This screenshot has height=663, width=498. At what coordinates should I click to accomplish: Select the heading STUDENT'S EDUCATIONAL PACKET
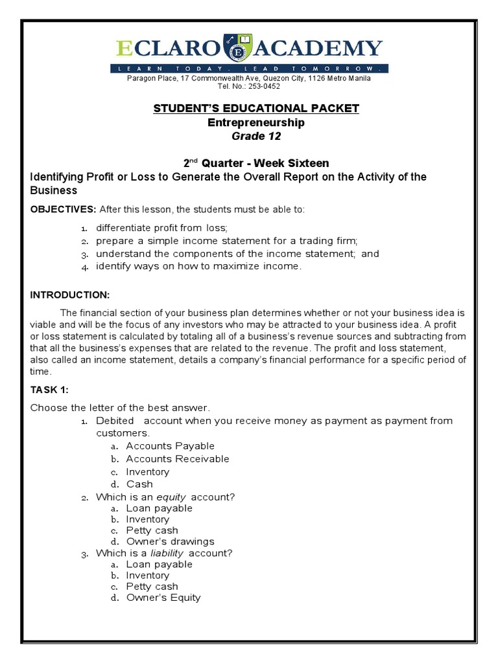tap(255, 108)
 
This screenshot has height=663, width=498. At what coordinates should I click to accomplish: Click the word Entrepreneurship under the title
tap(255, 122)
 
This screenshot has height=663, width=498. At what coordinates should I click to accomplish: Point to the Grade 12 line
tap(257, 136)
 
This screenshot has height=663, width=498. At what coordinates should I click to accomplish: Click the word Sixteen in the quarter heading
tap(305, 163)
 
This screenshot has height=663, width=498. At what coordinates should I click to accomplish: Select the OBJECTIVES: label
tap(64, 209)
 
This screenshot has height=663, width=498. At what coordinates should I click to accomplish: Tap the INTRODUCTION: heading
tap(70, 295)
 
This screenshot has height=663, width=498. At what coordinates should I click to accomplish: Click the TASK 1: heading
tap(49, 390)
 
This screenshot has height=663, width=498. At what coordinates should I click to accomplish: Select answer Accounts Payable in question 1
tap(170, 445)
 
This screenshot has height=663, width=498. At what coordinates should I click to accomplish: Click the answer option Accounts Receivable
tap(178, 458)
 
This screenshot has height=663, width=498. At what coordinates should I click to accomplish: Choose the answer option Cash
tap(139, 484)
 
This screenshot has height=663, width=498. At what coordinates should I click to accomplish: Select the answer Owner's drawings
tap(170, 541)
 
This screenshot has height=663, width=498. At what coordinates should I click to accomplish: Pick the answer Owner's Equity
tap(163, 598)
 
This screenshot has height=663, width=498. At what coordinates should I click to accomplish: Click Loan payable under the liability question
tap(159, 564)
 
